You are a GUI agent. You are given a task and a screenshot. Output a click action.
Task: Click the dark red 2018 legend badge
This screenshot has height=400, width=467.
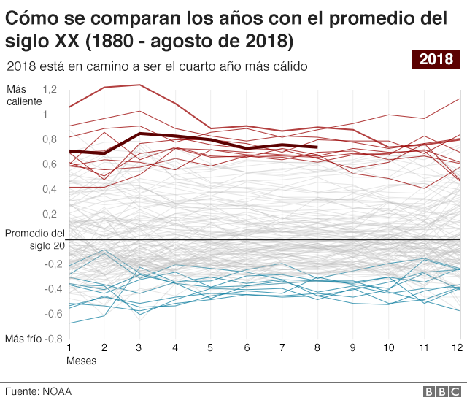[x=436, y=59]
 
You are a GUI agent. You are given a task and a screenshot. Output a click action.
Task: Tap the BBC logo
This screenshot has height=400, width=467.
[x=439, y=391]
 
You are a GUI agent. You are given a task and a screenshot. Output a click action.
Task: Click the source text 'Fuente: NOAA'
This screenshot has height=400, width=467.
[x=38, y=391]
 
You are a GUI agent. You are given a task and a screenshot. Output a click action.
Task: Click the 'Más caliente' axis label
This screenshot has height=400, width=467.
[x=24, y=95]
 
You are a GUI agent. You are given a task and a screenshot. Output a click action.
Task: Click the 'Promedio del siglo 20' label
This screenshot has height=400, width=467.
[x=34, y=239]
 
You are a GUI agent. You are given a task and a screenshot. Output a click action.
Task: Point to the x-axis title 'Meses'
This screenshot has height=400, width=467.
[x=81, y=361]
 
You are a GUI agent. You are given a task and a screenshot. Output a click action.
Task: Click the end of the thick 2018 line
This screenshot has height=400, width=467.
[x=317, y=147]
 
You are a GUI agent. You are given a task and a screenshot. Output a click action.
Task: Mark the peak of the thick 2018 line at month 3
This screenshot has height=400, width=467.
[x=139, y=134]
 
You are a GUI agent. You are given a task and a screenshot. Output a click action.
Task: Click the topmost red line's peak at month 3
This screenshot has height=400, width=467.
[x=139, y=85]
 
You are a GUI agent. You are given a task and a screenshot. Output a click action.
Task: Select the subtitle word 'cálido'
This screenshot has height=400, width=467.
[x=288, y=66]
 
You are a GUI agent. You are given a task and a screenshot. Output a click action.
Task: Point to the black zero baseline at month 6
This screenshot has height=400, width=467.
[x=246, y=239]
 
